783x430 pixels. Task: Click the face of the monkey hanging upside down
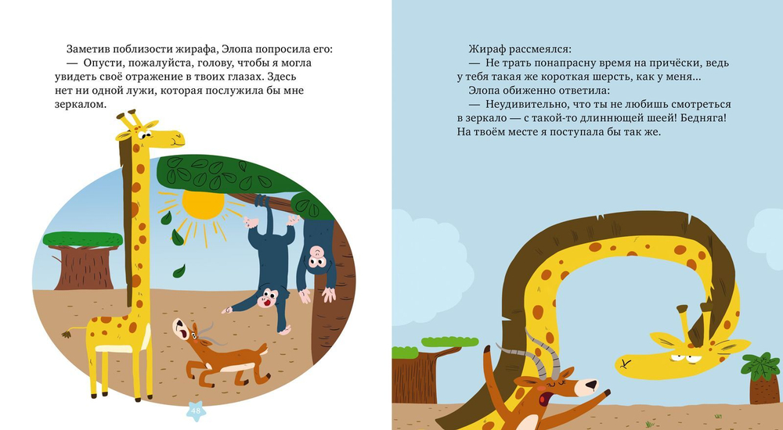[319, 255]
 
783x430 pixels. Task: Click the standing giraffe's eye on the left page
[141, 135]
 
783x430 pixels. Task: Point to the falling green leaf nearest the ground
[179, 271]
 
